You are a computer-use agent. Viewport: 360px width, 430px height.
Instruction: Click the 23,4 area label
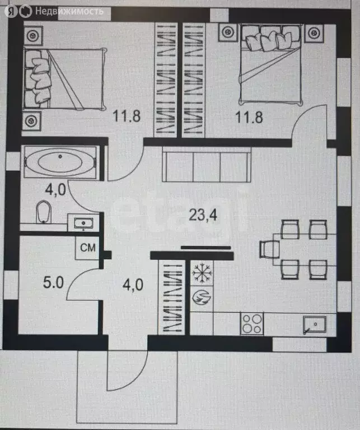(x=203, y=215)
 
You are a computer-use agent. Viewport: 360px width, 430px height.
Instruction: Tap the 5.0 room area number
(x=53, y=282)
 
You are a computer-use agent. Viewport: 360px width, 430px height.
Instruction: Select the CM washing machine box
(x=87, y=248)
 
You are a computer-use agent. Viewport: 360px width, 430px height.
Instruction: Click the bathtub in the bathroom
(x=60, y=162)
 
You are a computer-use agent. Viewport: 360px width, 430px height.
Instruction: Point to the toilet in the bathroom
(x=44, y=212)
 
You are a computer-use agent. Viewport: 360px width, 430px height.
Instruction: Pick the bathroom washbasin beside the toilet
(x=83, y=223)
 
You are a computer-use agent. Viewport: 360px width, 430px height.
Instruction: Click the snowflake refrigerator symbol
(x=202, y=273)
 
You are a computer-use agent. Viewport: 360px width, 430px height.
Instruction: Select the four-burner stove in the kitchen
(x=252, y=324)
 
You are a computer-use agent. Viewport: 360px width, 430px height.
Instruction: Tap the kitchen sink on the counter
(x=315, y=325)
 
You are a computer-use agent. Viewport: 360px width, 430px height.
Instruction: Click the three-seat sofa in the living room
(x=207, y=165)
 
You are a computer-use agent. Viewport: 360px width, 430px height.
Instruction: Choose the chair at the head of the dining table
(x=269, y=249)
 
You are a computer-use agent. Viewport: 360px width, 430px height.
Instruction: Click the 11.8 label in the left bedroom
(x=127, y=116)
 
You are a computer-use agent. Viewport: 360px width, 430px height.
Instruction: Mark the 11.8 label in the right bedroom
(x=249, y=117)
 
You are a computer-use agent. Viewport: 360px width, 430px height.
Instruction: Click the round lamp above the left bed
(x=33, y=36)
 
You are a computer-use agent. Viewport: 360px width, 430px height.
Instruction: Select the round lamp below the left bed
(x=31, y=121)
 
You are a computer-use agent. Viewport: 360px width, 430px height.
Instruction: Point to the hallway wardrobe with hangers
(x=171, y=297)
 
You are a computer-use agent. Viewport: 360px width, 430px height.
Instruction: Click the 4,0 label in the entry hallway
(x=133, y=284)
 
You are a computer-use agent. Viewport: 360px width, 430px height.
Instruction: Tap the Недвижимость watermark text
(x=69, y=11)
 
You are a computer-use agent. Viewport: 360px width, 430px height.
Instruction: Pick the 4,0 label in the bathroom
(x=55, y=189)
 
